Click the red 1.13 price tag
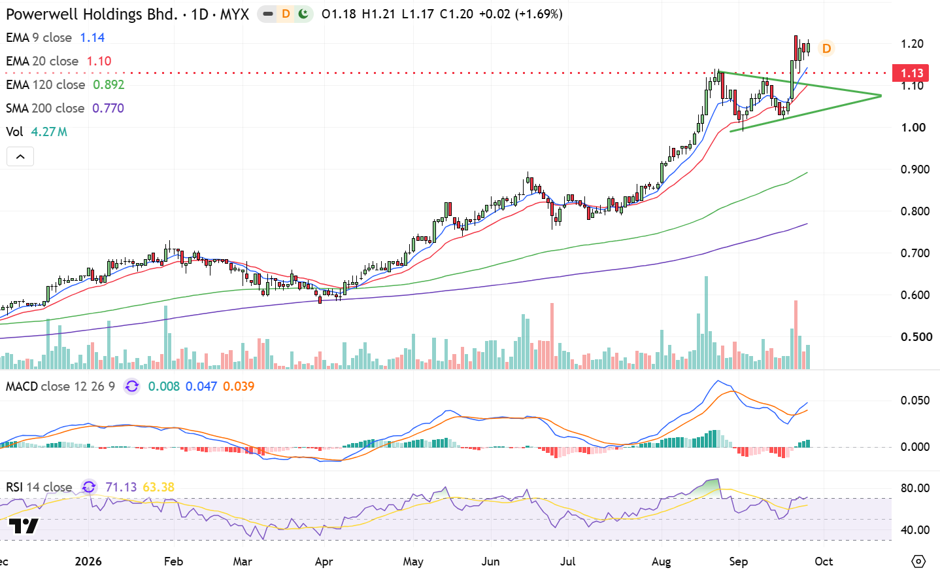click(910, 73)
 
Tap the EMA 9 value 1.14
click(92, 38)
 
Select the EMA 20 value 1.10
click(99, 62)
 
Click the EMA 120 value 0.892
click(109, 85)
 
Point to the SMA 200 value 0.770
click(109, 109)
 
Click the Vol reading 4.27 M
click(49, 132)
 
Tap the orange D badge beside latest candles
click(826, 48)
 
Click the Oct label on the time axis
click(824, 562)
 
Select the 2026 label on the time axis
click(88, 562)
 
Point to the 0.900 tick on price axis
click(915, 170)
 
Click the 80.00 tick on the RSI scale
click(915, 488)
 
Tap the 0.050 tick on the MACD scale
click(915, 400)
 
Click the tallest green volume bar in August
click(706, 323)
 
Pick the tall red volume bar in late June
click(552, 336)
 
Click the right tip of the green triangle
click(881, 96)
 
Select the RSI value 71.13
click(121, 487)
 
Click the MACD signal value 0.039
click(239, 386)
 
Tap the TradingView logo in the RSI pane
click(24, 526)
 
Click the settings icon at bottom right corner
click(918, 561)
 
